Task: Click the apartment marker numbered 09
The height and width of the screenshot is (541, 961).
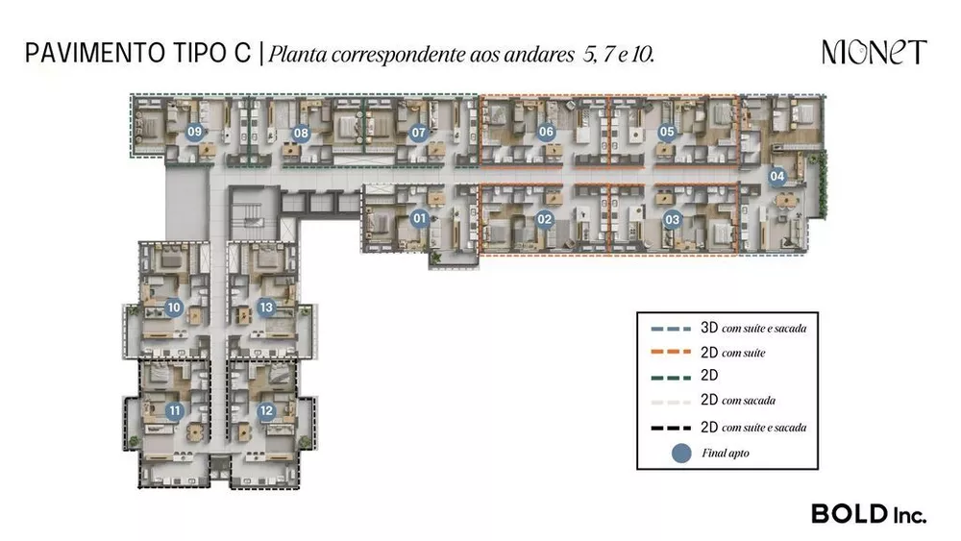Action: pos(195,133)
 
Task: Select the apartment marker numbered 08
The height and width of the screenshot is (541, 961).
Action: pos(301,134)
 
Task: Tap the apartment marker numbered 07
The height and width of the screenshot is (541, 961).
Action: pos(418,134)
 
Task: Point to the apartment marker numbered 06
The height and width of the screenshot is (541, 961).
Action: pos(546,133)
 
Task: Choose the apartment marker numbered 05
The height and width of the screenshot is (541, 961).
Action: pos(667,133)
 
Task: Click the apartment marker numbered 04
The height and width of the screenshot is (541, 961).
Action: pos(777,176)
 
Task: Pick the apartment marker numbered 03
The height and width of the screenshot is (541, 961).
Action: pos(672,220)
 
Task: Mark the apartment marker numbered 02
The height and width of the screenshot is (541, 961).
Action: pos(545,220)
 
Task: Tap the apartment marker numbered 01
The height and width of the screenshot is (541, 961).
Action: pos(419,219)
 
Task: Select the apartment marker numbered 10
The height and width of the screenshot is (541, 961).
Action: pos(174,308)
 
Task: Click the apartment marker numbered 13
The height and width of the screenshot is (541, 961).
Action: pos(266,308)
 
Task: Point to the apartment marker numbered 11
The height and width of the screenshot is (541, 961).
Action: pos(174,411)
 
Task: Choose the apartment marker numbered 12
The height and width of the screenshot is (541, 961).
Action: pos(266,411)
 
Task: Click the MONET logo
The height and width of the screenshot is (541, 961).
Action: pos(874,52)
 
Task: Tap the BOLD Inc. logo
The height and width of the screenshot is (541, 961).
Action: pos(868,513)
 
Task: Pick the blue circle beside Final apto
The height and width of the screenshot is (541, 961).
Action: pos(682,452)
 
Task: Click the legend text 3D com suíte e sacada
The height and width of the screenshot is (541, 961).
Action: pos(753,329)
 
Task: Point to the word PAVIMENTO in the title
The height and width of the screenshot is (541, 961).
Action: pos(86,53)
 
